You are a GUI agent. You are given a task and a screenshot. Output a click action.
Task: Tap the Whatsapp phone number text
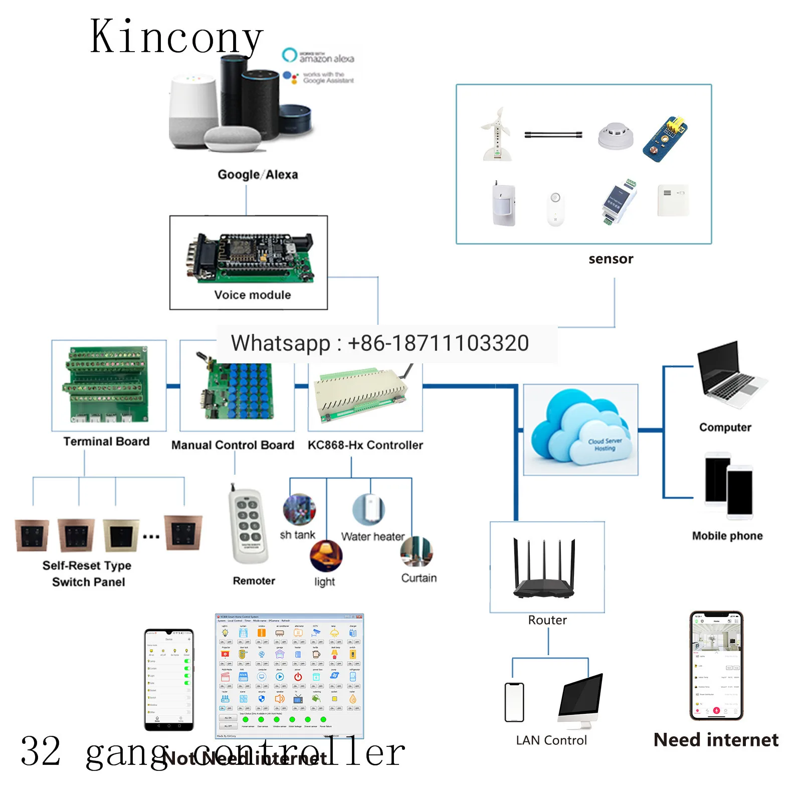click(379, 343)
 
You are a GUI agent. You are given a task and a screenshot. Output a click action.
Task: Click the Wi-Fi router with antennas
click(544, 569)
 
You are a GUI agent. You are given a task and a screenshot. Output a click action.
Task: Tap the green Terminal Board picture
click(107, 385)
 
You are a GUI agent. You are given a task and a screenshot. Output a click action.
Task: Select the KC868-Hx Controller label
click(365, 445)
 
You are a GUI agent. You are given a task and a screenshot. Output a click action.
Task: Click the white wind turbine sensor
click(496, 134)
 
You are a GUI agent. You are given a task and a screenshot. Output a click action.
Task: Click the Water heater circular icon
click(368, 509)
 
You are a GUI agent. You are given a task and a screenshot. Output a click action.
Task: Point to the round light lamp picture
click(326, 556)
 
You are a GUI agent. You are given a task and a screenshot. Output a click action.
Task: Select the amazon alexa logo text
click(326, 59)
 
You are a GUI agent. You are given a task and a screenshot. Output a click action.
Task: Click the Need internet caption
click(716, 740)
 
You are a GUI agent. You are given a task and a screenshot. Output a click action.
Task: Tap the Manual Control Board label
click(233, 445)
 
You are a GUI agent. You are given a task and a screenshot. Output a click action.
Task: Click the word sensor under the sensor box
click(611, 259)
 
